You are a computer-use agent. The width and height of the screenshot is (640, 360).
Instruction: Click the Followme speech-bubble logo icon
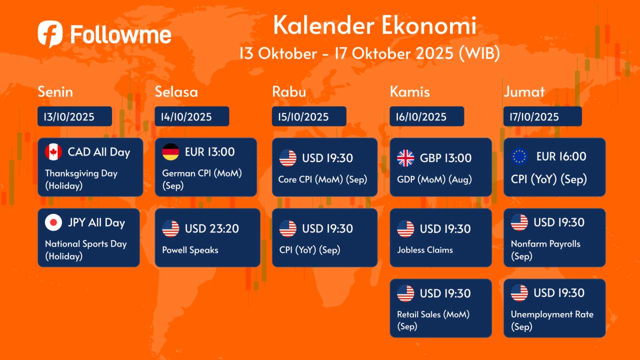click(50, 33)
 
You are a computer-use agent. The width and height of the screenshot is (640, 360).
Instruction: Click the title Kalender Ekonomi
click(374, 25)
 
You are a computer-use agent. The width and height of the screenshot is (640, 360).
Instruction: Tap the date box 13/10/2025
click(74, 116)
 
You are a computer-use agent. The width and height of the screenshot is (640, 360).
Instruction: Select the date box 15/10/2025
click(309, 116)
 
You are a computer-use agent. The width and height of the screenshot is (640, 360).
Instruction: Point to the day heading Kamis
click(409, 91)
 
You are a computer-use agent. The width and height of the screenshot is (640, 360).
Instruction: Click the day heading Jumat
click(524, 91)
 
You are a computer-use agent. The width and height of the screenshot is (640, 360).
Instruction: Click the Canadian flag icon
click(53, 151)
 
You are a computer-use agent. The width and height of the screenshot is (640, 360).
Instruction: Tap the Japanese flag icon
click(53, 222)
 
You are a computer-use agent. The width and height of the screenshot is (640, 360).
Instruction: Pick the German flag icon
click(170, 151)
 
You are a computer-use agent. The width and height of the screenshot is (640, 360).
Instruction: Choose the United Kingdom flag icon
click(405, 158)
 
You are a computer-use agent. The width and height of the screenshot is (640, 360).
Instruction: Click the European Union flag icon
click(519, 156)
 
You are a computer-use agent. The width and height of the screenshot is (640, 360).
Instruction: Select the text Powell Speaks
click(190, 250)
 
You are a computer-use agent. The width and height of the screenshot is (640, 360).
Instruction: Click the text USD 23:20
click(211, 228)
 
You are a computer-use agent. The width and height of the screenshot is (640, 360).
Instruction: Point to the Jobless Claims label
click(425, 250)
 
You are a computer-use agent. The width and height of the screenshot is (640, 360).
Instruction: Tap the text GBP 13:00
click(445, 158)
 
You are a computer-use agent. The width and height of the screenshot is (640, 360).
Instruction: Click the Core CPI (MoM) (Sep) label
click(322, 179)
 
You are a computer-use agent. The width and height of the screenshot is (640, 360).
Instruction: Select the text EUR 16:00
click(561, 156)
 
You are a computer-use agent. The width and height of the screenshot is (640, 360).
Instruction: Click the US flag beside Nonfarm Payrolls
click(519, 222)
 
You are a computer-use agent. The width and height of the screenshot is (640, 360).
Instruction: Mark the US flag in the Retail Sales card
click(405, 293)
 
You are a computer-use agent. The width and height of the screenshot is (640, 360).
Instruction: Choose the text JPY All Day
click(96, 222)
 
